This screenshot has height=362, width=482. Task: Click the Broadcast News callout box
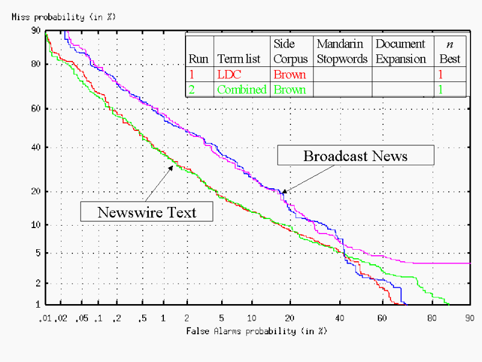click(x=355, y=156)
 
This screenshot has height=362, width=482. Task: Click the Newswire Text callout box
click(x=147, y=212)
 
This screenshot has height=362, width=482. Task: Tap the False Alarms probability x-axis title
click(x=256, y=331)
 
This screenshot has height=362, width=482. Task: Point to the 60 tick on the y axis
click(x=36, y=109)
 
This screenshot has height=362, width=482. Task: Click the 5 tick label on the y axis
click(x=37, y=253)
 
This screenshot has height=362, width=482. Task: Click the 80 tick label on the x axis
click(x=431, y=317)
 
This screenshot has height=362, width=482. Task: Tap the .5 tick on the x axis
click(x=142, y=317)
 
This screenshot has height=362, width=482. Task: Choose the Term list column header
click(x=239, y=59)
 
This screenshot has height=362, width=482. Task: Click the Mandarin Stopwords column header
click(x=342, y=51)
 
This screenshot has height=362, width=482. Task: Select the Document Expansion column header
click(x=401, y=51)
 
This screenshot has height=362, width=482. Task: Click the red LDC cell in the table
click(x=230, y=75)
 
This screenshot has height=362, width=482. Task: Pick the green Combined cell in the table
click(x=241, y=90)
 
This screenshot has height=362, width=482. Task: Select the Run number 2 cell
click(x=192, y=90)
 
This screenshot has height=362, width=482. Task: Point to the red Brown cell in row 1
click(x=290, y=75)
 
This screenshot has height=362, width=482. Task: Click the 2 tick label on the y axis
click(x=37, y=283)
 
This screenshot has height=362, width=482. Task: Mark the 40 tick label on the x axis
click(x=340, y=317)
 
